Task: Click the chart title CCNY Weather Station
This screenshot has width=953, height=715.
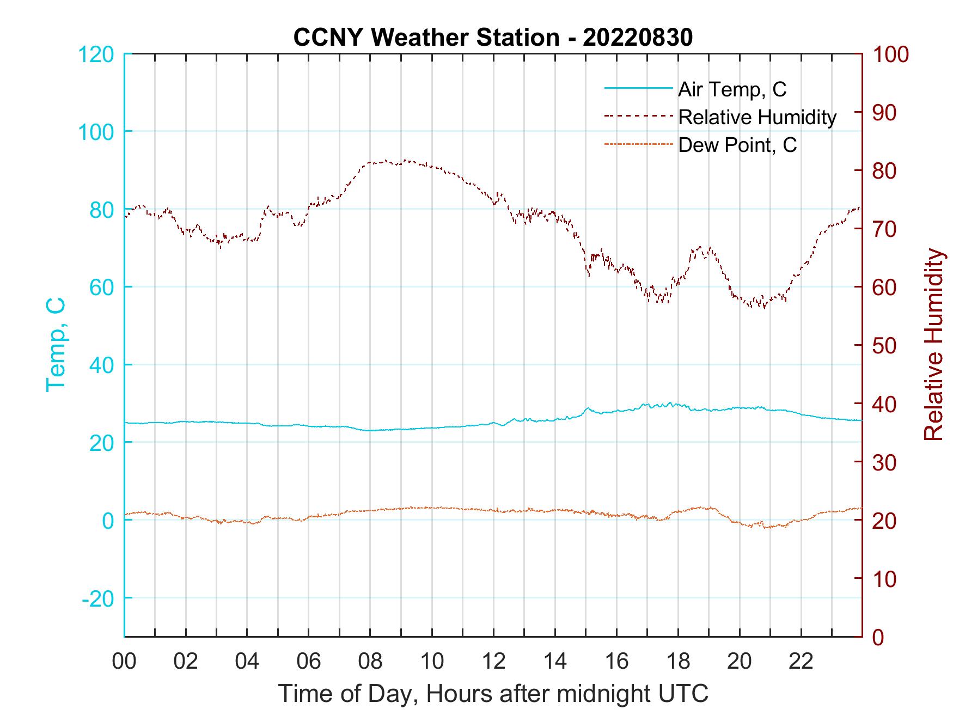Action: click(x=426, y=38)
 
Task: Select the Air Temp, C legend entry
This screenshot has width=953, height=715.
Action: click(x=732, y=89)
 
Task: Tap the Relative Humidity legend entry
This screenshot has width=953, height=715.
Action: click(x=757, y=117)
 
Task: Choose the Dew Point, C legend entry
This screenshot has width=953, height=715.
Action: click(x=737, y=145)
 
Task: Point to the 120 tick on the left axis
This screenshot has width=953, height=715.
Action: click(x=96, y=54)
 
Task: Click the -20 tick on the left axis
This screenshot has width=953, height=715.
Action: click(x=97, y=598)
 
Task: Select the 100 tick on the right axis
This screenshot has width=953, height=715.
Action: click(x=891, y=54)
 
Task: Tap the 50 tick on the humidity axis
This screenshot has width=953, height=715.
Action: click(x=885, y=346)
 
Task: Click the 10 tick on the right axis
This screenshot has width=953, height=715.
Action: click(x=885, y=579)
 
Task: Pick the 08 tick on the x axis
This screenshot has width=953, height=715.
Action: click(x=370, y=662)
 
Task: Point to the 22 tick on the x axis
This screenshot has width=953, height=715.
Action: click(x=801, y=662)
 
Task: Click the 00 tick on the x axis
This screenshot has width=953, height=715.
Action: click(x=124, y=662)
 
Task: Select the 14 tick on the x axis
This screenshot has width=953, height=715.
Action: click(x=555, y=662)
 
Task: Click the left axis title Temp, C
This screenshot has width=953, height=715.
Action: click(x=56, y=345)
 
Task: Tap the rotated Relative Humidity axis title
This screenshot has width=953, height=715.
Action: click(x=933, y=345)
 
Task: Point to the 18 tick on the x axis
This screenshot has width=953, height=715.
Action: click(x=678, y=662)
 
